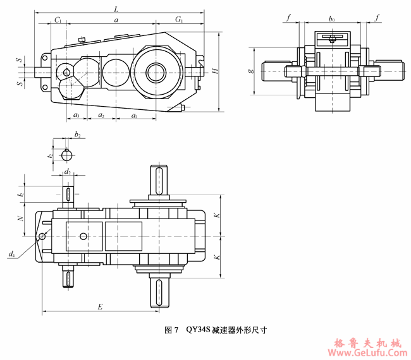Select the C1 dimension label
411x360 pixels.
pyautogui.click(x=58, y=20)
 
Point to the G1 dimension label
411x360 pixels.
pyautogui.click(x=179, y=20)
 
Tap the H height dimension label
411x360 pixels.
pyautogui.click(x=216, y=71)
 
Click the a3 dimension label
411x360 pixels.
pyautogui.click(x=75, y=115)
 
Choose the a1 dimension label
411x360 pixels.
pyautogui.click(x=134, y=115)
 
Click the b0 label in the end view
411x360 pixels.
pyautogui.click(x=332, y=20)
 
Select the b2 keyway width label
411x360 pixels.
pyautogui.click(x=77, y=135)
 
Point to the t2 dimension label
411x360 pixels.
pyautogui.click(x=50, y=153)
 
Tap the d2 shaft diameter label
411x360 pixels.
pyautogui.click(x=68, y=171)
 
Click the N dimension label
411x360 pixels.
pyautogui.click(x=21, y=219)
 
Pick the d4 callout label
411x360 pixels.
pyautogui.click(x=11, y=254)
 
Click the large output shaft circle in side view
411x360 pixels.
pyautogui.click(x=156, y=71)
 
